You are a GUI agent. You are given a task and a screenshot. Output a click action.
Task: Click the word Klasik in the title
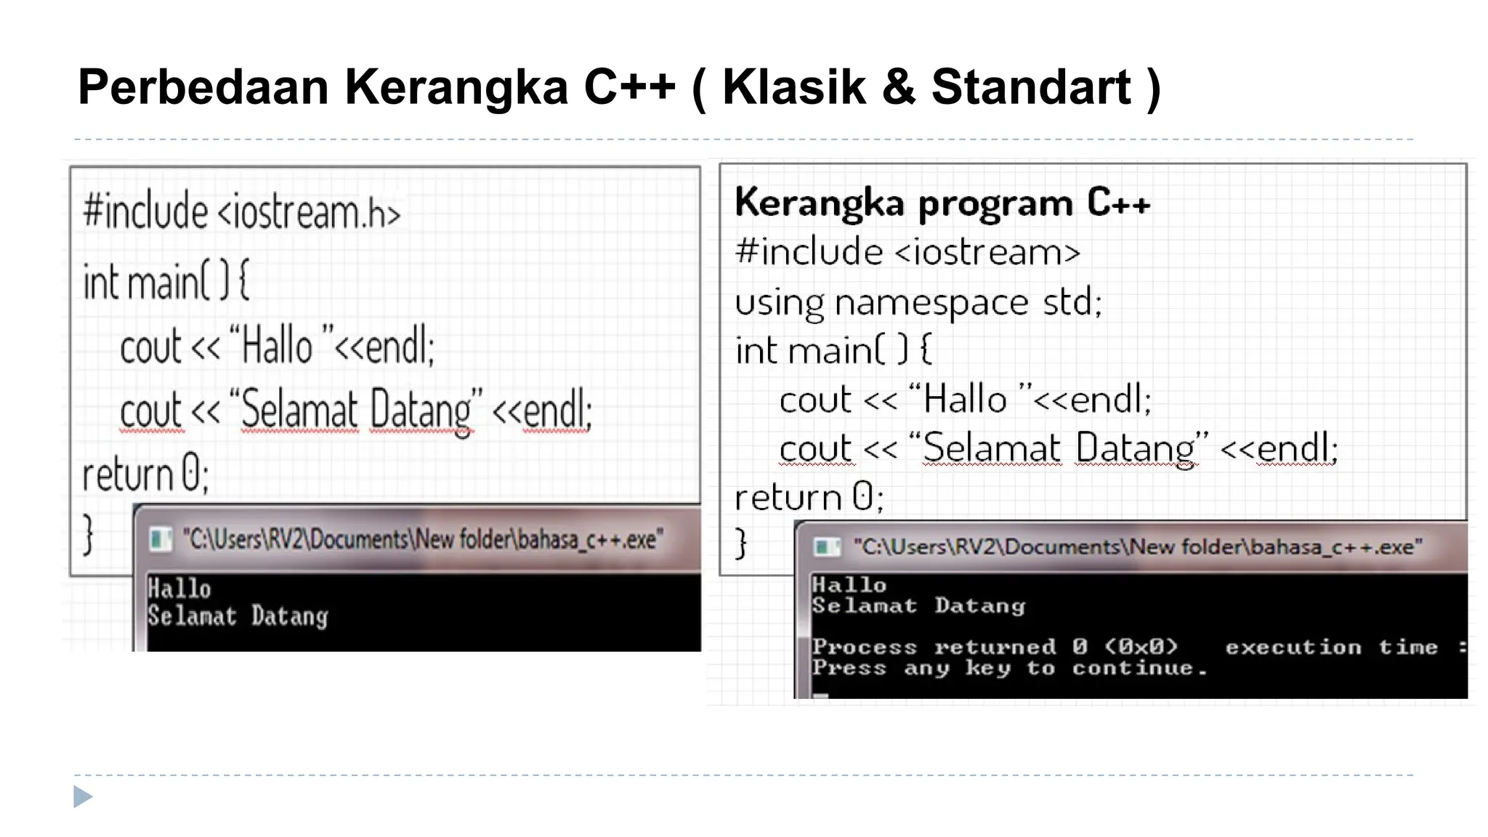click(x=794, y=87)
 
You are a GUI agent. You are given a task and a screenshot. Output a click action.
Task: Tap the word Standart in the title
click(x=1032, y=87)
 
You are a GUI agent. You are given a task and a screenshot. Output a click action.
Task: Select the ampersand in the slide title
click(x=899, y=87)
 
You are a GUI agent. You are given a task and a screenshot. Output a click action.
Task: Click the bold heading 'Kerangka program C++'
click(x=942, y=202)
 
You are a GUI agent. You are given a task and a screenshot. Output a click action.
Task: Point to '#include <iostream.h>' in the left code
click(x=241, y=211)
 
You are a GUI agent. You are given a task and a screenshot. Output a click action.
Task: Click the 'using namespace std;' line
click(x=918, y=302)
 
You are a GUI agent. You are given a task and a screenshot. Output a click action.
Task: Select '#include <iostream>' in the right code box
click(x=907, y=252)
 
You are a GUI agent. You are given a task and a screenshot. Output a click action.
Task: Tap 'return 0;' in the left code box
click(x=145, y=474)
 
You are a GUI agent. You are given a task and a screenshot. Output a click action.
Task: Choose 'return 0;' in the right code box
click(x=809, y=498)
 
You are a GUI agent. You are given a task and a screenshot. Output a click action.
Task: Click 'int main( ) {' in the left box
click(x=166, y=281)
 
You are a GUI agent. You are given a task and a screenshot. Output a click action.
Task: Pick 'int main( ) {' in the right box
click(x=833, y=350)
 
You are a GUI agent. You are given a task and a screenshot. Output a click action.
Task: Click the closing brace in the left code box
click(x=88, y=534)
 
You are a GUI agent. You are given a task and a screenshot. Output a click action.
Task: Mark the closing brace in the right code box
click(x=740, y=543)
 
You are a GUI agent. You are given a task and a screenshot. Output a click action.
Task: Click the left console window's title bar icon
click(x=161, y=539)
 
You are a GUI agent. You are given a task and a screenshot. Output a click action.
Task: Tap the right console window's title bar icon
click(x=826, y=547)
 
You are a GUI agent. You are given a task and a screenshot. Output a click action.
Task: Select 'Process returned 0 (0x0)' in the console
click(x=995, y=647)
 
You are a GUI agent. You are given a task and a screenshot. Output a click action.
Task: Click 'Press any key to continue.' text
click(x=1009, y=668)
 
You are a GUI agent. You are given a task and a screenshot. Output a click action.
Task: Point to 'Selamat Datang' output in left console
click(x=238, y=617)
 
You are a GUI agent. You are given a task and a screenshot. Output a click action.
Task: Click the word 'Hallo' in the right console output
click(x=849, y=585)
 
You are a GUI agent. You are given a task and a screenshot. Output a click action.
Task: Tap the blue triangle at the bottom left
click(x=83, y=796)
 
